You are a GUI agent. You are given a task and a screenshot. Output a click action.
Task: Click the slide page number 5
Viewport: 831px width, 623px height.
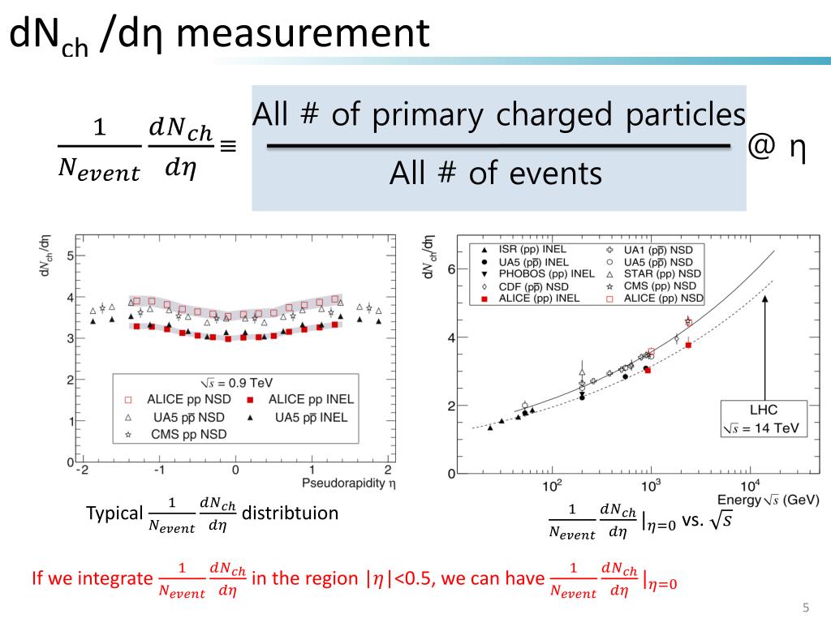tap(806, 608)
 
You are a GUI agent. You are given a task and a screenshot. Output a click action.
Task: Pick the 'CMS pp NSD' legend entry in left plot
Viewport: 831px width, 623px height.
tap(186, 435)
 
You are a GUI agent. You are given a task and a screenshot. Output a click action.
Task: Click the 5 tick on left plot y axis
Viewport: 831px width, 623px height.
tap(71, 256)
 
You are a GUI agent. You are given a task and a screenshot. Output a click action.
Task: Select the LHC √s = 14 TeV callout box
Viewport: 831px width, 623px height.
tap(764, 418)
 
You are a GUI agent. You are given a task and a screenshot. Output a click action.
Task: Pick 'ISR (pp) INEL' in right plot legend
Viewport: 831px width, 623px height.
tap(543, 250)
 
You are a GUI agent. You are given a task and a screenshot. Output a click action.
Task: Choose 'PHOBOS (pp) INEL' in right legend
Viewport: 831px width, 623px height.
tap(553, 274)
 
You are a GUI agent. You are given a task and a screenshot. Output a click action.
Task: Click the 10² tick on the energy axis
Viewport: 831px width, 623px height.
tap(552, 485)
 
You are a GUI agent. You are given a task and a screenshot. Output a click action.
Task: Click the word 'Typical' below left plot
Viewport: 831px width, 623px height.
tap(114, 514)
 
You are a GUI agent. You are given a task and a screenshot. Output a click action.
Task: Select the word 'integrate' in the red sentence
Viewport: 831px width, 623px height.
tap(121, 579)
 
